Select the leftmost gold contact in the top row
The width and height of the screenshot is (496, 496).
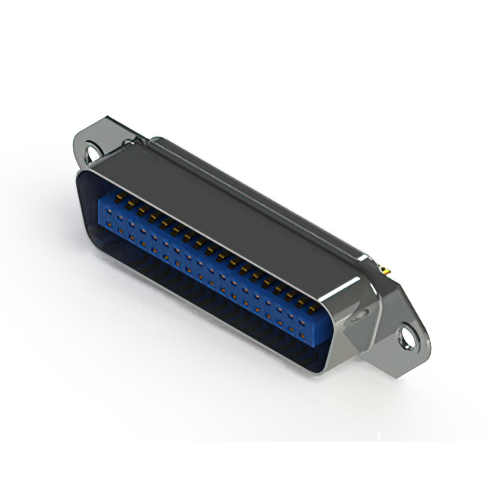(119, 198)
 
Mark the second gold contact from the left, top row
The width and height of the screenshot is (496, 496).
(130, 204)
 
